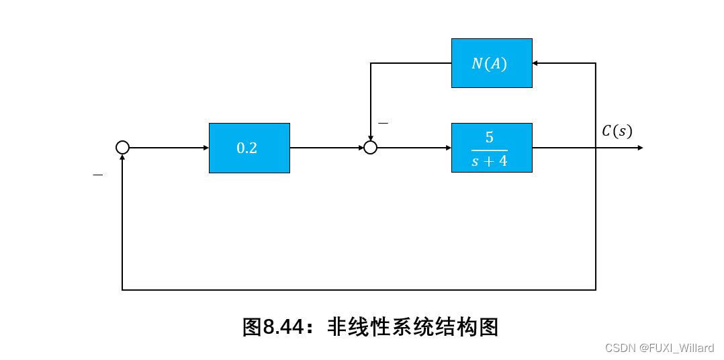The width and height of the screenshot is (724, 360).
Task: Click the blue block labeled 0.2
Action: coord(249,148)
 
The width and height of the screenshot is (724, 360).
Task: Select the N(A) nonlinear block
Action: coord(491,63)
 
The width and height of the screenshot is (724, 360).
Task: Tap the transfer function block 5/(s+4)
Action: coord(491,148)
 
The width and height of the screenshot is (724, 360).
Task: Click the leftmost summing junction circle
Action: coord(122,148)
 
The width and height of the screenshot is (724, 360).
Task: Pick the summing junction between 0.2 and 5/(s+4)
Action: coord(370,148)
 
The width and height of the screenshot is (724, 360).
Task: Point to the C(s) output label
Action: coord(617,131)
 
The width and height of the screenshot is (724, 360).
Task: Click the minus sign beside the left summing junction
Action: coord(98,175)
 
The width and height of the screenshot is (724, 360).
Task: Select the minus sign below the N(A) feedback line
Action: coord(383,124)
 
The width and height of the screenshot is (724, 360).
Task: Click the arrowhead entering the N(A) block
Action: coord(537,63)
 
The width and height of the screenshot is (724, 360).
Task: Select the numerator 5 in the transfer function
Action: coord(490,138)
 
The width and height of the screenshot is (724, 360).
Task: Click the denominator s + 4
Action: coord(490,162)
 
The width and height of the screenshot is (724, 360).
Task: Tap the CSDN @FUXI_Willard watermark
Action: coord(660,347)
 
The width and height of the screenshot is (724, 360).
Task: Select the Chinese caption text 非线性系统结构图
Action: coord(412,327)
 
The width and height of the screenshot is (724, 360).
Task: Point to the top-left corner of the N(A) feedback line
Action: coord(371,64)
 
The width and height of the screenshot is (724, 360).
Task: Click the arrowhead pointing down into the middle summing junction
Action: coord(370,137)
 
